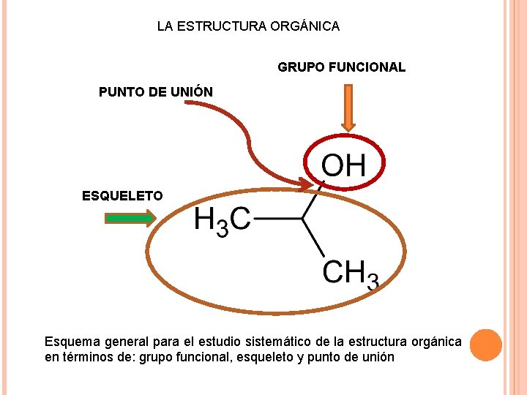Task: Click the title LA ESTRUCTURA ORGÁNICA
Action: [x=248, y=26]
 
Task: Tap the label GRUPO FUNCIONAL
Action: [x=341, y=67]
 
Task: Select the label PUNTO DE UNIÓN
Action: [x=156, y=92]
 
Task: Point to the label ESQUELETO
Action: [x=122, y=195]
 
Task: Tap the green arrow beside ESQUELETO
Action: [x=130, y=217]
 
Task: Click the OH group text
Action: [x=343, y=165]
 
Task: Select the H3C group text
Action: [x=222, y=220]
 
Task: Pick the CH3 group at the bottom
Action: [x=351, y=274]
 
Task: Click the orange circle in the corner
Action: [x=485, y=345]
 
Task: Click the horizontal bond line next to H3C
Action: [x=277, y=218]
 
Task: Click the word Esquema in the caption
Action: [x=72, y=342]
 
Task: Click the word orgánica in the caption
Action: [x=436, y=342]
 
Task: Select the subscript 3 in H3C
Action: [x=223, y=228]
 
